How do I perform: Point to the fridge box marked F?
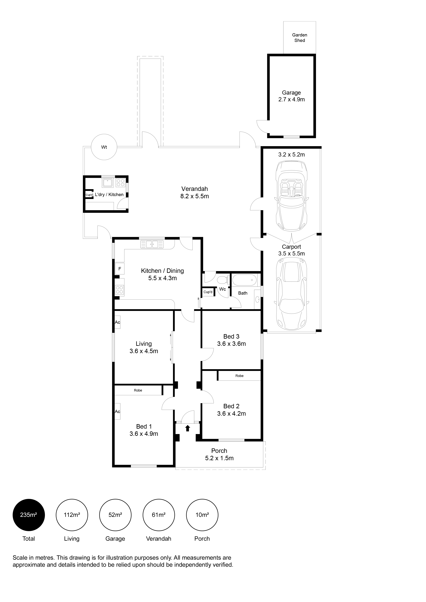120,268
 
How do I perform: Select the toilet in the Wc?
223,280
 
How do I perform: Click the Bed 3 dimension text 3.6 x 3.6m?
231,344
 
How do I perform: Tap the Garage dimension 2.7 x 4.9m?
291,99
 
